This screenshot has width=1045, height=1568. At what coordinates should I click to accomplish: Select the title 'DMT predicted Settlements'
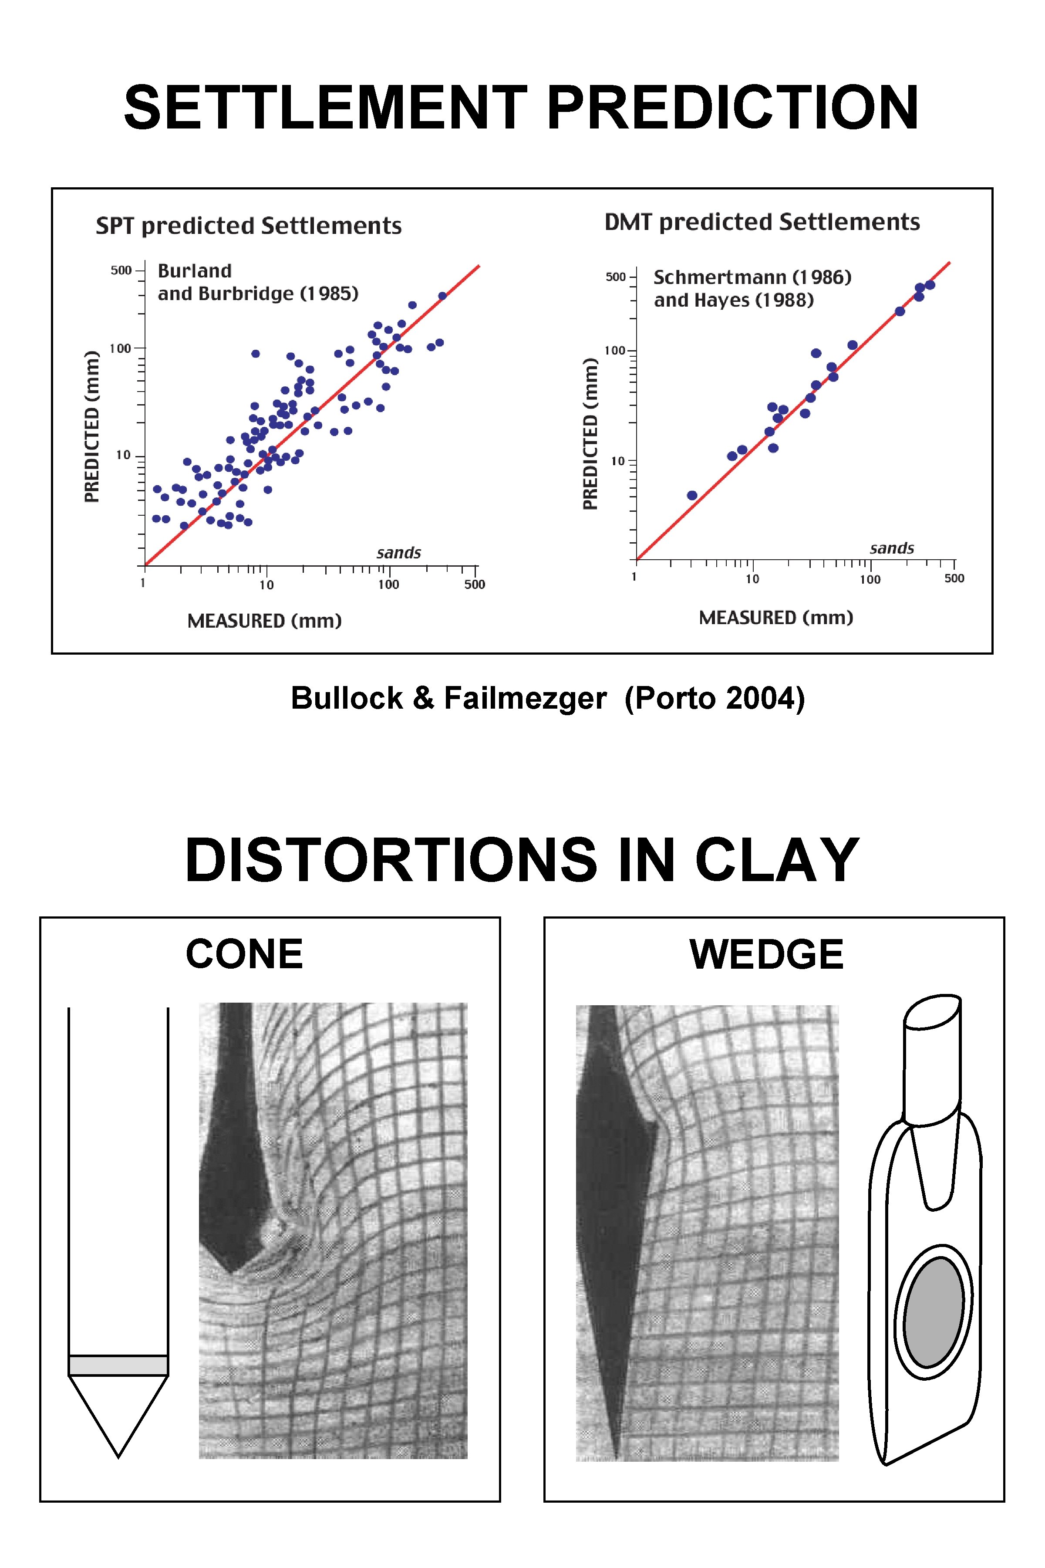(762, 222)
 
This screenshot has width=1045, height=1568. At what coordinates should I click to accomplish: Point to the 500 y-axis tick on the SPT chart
(121, 270)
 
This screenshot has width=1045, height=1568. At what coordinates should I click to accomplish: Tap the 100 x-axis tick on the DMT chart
(870, 579)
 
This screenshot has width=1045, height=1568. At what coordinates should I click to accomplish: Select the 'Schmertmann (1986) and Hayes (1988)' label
(752, 288)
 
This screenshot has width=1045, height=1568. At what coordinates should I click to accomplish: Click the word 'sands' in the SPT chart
(398, 553)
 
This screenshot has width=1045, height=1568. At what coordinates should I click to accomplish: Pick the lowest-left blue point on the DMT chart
(692, 495)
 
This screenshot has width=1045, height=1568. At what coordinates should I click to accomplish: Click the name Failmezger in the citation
(525, 698)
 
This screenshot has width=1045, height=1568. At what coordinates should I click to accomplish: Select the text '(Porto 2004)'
(715, 698)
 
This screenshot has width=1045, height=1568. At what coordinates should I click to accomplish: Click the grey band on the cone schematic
(118, 1365)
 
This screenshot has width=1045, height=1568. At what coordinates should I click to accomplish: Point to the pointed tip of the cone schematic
(118, 1455)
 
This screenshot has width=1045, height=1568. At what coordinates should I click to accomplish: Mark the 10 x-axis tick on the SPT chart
(266, 585)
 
